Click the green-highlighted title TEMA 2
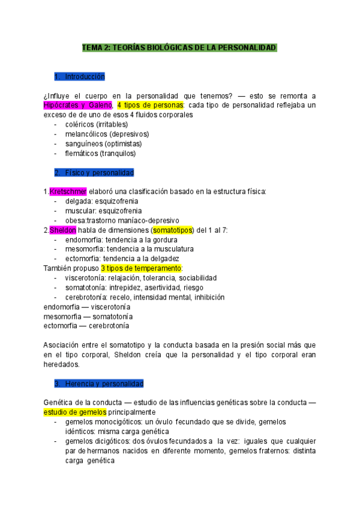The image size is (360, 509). [179, 47]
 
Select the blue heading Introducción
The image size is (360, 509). [79, 76]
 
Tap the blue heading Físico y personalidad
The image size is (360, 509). [94, 172]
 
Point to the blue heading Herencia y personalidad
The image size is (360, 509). [98, 382]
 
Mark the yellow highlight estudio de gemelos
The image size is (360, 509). [75, 412]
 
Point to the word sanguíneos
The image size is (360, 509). [83, 143]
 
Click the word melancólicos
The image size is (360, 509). [86, 134]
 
